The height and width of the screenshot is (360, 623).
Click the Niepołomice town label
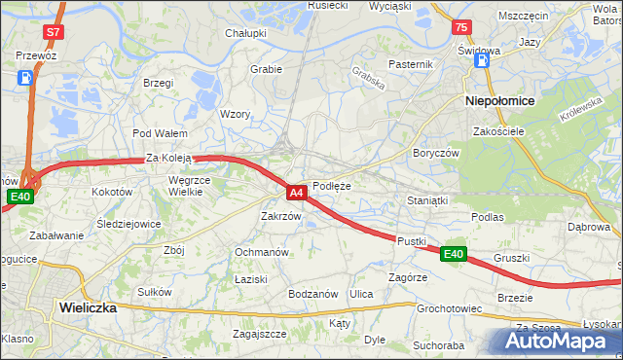[496, 100]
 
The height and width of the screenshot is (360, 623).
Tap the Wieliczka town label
[88, 306]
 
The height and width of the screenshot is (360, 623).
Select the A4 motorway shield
[298, 193]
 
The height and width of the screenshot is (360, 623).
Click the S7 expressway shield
[54, 32]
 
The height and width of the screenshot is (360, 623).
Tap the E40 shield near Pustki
[453, 254]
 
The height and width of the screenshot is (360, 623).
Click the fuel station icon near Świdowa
[482, 61]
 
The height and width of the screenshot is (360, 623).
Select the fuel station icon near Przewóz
[23, 78]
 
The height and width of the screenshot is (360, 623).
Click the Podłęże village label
[331, 186]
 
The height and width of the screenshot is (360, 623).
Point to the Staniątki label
[426, 200]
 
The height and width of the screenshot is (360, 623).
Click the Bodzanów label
[312, 294]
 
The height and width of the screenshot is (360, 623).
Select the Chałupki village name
[246, 33]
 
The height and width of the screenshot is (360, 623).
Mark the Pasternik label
[410, 64]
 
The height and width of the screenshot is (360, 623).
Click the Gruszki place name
[511, 258]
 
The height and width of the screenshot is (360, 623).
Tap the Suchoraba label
[438, 344]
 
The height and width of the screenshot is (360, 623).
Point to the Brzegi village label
[158, 83]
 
